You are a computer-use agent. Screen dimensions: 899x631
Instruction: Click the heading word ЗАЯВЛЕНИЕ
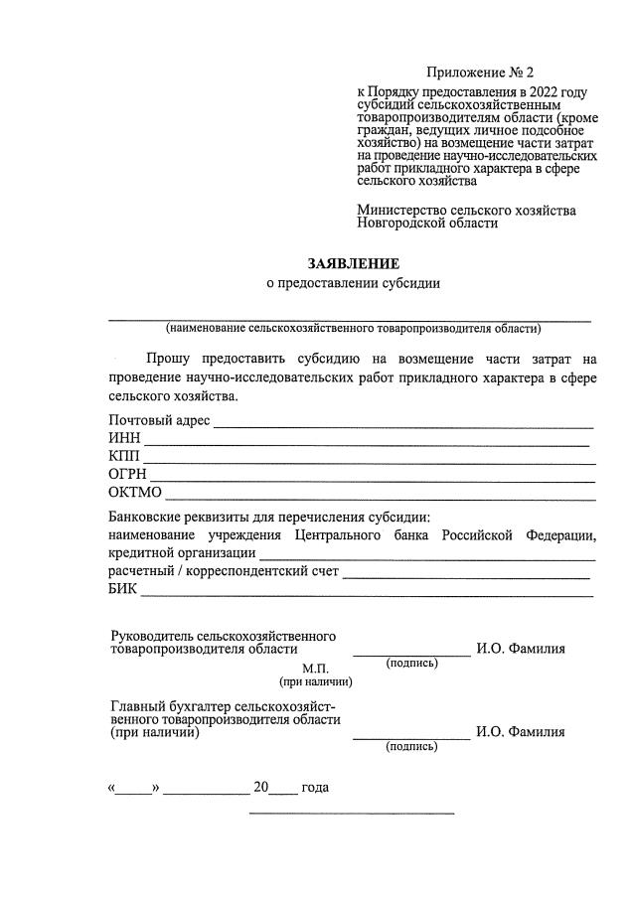pyautogui.click(x=353, y=264)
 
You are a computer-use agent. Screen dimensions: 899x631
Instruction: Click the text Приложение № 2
pyautogui.click(x=480, y=73)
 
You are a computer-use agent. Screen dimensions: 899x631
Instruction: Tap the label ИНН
pyautogui.click(x=125, y=439)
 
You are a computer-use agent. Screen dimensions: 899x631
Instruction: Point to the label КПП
pyautogui.click(x=124, y=457)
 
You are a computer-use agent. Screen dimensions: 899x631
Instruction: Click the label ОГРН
pyautogui.click(x=128, y=475)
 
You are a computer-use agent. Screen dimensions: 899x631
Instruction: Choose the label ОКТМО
pyautogui.click(x=135, y=493)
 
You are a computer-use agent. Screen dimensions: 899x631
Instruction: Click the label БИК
pyautogui.click(x=123, y=590)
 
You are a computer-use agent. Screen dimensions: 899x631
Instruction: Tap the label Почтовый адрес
pyautogui.click(x=159, y=421)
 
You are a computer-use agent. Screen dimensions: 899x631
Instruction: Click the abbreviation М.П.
pyautogui.click(x=315, y=668)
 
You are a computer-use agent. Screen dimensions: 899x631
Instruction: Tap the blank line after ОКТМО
pyautogui.click(x=381, y=497)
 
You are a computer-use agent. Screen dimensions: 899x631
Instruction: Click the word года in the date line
pyautogui.click(x=315, y=788)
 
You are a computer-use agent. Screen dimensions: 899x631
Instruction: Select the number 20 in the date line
pyautogui.click(x=261, y=788)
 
